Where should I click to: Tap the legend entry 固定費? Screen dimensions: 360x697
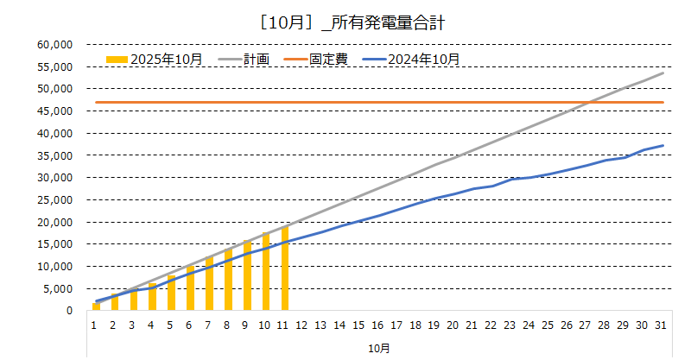point(325,59)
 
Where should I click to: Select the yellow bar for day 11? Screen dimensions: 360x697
point(285,268)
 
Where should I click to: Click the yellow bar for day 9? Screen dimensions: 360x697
point(247,275)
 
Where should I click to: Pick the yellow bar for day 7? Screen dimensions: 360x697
point(209,283)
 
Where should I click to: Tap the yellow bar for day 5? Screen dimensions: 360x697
point(171,294)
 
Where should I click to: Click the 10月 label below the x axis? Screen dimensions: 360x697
point(378,347)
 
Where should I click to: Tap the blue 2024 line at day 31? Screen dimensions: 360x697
point(662,145)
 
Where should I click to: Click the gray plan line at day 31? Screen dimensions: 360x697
point(662,73)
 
